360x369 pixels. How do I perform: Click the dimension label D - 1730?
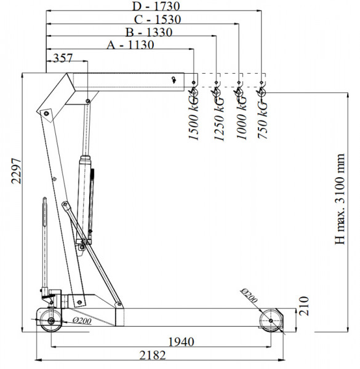[x=156, y=6]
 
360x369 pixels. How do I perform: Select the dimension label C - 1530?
[x=158, y=19]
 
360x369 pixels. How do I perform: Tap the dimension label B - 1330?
[x=149, y=32]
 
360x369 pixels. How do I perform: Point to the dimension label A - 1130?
[x=130, y=45]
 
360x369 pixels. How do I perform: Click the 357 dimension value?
[x=63, y=58]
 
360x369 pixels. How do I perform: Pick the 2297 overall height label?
[x=17, y=171]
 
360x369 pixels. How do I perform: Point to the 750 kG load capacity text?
[x=262, y=119]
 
